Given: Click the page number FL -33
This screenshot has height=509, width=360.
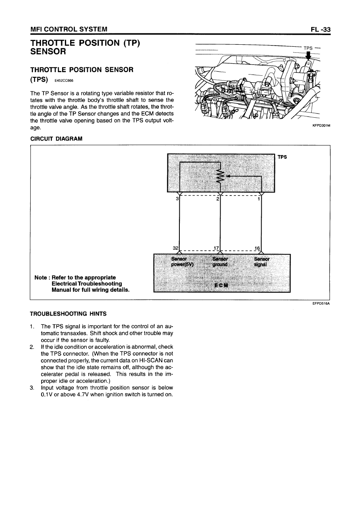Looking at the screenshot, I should (x=320, y=29).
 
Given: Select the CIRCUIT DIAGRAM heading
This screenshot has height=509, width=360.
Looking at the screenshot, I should (x=56, y=139).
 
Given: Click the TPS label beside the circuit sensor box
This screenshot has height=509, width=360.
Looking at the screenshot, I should (x=282, y=157).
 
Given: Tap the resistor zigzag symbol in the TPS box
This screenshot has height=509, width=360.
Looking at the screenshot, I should (x=220, y=176).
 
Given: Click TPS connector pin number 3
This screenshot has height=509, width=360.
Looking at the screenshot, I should (x=177, y=199).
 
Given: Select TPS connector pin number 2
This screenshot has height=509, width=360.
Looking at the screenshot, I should (x=217, y=199).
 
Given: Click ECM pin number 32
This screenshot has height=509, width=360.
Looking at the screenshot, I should (x=175, y=248).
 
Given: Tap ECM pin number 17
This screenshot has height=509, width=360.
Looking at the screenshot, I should (x=216, y=248).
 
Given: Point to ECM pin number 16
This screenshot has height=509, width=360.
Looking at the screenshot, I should (x=258, y=248).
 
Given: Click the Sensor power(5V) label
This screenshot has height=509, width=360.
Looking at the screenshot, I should (x=182, y=262).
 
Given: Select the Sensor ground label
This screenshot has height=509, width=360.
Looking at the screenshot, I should (x=220, y=262).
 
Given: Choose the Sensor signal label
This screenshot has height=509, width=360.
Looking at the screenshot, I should (x=262, y=262).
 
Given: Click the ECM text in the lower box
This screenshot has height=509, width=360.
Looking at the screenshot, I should (x=221, y=285).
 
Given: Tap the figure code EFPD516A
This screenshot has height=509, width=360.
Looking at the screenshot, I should (x=321, y=304).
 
